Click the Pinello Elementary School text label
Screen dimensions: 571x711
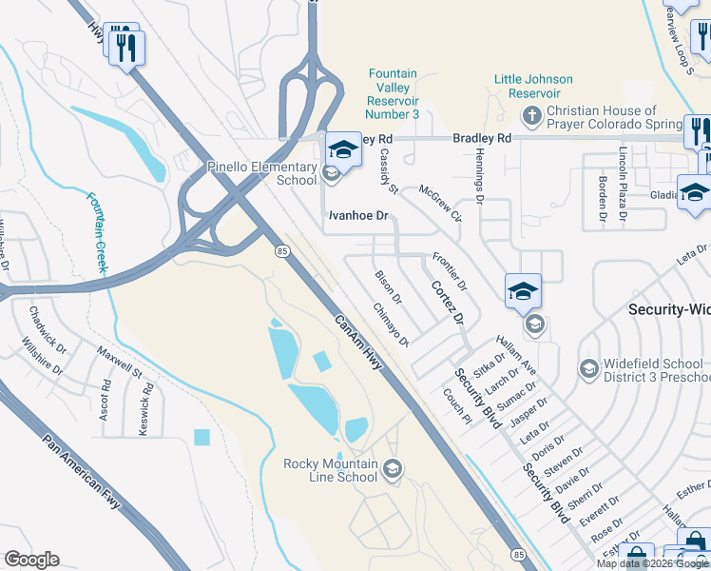point(261,173)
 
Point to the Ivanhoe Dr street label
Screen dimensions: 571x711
point(359,216)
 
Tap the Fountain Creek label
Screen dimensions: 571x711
point(99,231)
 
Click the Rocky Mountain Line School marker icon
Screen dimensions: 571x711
point(394,468)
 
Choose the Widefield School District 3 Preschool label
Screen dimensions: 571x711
point(656,370)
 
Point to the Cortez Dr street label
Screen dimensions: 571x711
point(447,302)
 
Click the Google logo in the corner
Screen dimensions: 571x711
point(31,560)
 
